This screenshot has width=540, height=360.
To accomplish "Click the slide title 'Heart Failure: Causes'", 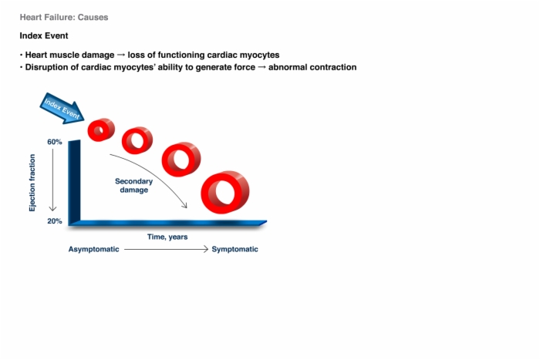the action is pyautogui.click(x=64, y=17).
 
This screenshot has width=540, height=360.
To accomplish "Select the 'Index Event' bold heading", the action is pyautogui.click(x=44, y=35).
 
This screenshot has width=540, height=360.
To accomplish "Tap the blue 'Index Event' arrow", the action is pyautogui.click(x=62, y=109).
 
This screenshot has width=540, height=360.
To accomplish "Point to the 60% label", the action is pyautogui.click(x=55, y=142).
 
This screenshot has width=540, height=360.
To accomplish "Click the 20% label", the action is pyautogui.click(x=55, y=221).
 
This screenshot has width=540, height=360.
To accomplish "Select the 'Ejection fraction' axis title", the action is pyautogui.click(x=32, y=183).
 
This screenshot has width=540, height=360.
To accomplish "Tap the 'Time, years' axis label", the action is pyautogui.click(x=167, y=237).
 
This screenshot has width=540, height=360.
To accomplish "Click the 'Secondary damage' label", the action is pyautogui.click(x=134, y=186).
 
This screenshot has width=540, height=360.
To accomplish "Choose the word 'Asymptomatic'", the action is pyautogui.click(x=93, y=249).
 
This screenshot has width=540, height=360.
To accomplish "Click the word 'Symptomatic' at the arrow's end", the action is pyautogui.click(x=235, y=249).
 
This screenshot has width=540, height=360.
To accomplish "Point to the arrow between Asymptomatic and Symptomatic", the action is pyautogui.click(x=167, y=249).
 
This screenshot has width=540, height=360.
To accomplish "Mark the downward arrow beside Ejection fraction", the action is pyautogui.click(x=52, y=180).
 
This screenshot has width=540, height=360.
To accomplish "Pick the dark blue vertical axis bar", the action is pyautogui.click(x=74, y=183).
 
